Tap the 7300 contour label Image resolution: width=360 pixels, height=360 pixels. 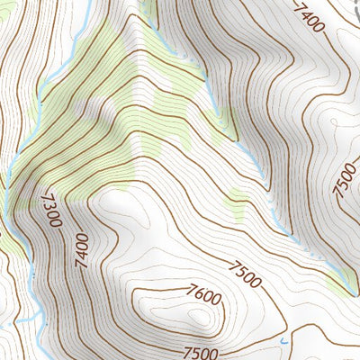pyautogui.click(x=51, y=209)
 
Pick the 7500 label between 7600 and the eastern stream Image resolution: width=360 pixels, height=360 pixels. pyautogui.click(x=244, y=274)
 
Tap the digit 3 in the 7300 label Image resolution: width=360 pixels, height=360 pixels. pyautogui.click(x=49, y=202)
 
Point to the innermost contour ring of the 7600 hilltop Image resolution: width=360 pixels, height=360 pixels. pyautogui.click(x=196, y=317)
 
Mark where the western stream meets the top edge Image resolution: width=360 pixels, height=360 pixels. pyautogui.click(x=86, y=3)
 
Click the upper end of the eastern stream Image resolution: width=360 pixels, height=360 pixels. pyautogui.click(x=149, y=3)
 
